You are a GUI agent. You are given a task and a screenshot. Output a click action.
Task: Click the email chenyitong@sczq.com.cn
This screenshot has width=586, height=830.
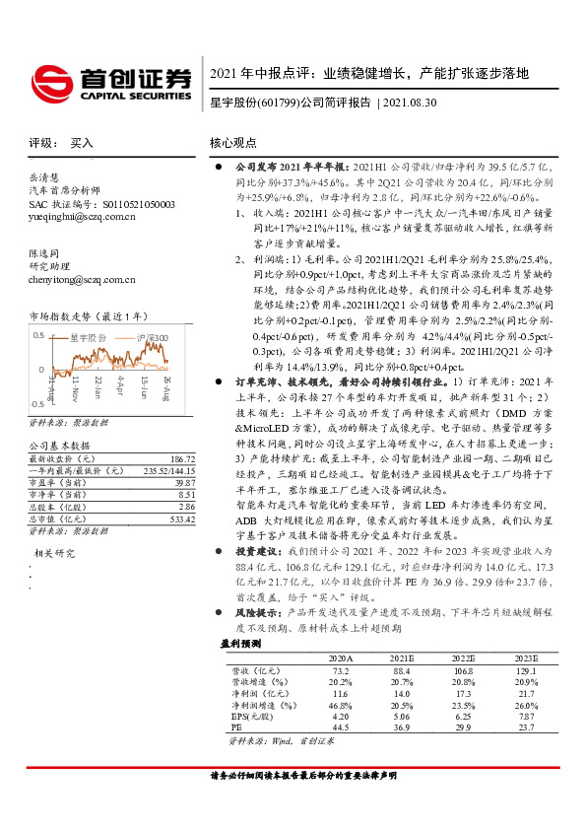(83, 280)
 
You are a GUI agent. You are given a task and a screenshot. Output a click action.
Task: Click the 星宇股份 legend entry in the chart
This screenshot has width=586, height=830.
(89, 337)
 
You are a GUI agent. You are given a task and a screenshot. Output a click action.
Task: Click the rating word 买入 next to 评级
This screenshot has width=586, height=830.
(82, 142)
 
